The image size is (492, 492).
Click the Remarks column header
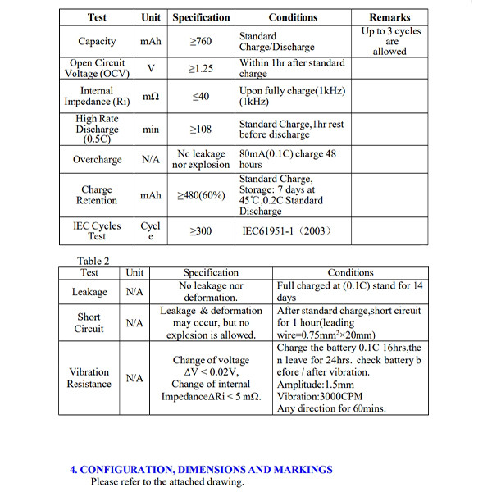(389, 17)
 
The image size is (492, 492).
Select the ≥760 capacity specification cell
(200, 41)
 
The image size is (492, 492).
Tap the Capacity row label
(97, 41)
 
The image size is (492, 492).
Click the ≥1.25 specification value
(200, 68)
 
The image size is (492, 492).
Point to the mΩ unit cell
(150, 96)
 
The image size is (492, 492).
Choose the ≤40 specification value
(200, 96)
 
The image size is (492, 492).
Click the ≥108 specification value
(200, 129)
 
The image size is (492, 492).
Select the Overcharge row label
(97, 159)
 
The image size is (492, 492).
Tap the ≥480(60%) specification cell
(200, 195)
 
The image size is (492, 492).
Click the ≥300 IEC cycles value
(200, 231)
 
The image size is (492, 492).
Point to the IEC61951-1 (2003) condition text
(286, 231)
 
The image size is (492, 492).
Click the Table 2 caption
(94, 261)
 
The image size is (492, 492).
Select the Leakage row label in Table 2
(89, 292)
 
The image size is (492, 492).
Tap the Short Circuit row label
(89, 323)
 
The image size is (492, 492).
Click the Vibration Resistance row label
(89, 377)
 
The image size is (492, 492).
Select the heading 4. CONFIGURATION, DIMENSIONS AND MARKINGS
(201, 470)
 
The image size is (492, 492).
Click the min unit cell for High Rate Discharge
(150, 129)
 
